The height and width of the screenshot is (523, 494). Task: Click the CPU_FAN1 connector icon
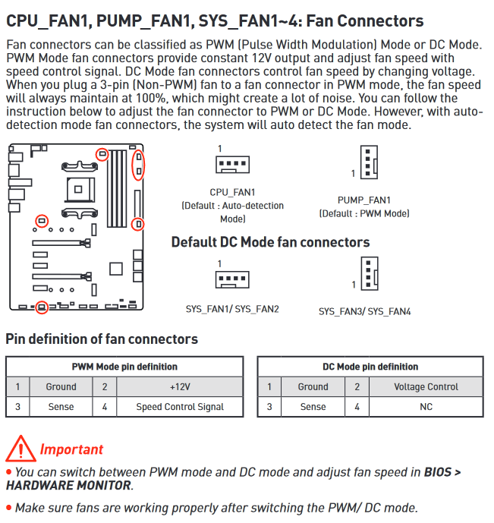click(231, 167)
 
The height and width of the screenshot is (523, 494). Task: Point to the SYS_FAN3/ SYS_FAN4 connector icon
click(367, 276)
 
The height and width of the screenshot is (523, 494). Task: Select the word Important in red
click(71, 449)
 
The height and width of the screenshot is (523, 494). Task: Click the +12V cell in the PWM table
click(180, 386)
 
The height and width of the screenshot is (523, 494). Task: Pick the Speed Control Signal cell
click(180, 407)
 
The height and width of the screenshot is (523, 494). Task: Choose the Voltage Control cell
click(426, 386)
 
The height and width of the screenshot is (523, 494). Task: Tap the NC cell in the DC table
click(426, 407)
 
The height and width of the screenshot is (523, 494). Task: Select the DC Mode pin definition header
click(370, 367)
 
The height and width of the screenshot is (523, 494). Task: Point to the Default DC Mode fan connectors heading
click(270, 242)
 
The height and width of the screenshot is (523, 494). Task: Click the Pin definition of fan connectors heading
click(102, 339)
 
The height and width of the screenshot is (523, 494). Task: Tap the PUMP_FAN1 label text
click(364, 200)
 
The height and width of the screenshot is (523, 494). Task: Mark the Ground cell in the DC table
click(313, 386)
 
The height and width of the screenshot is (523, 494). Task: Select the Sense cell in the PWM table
click(61, 407)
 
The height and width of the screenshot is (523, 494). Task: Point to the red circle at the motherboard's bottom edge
click(42, 307)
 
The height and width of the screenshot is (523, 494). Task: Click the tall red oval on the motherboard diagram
click(138, 165)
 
